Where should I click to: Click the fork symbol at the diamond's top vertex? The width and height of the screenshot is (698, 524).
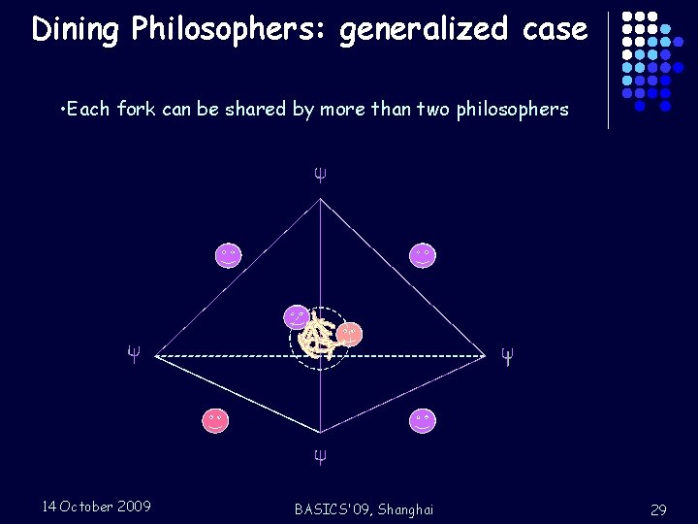(x=319, y=176)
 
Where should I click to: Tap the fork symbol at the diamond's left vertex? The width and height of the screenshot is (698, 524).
(x=134, y=353)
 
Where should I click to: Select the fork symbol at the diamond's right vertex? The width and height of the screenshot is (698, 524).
(x=505, y=355)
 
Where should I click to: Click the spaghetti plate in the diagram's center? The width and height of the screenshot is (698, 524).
(x=316, y=338)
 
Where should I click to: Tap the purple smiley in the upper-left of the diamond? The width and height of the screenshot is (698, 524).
(x=228, y=255)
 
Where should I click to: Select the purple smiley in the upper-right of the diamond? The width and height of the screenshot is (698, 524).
(x=422, y=255)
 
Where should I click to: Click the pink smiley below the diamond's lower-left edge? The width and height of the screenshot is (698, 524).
(x=214, y=420)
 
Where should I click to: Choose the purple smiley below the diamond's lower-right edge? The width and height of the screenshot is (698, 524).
(x=422, y=420)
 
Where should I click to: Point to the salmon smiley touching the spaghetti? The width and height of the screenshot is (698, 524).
(x=350, y=334)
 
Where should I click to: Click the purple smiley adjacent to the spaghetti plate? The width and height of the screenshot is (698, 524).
(x=297, y=316)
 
